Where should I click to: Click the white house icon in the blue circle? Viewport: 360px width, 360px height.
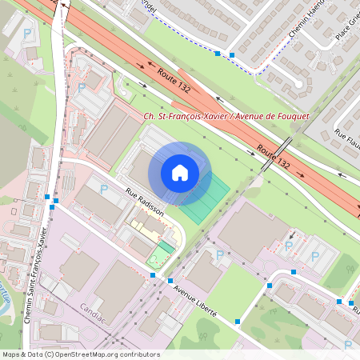(x=180, y=173)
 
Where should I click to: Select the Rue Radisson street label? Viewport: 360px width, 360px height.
(x=145, y=202)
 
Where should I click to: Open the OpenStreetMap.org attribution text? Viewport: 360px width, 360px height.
(x=80, y=354)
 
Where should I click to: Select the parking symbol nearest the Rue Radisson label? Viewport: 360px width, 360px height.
(x=103, y=190)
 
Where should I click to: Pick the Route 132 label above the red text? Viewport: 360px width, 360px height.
(x=175, y=80)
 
